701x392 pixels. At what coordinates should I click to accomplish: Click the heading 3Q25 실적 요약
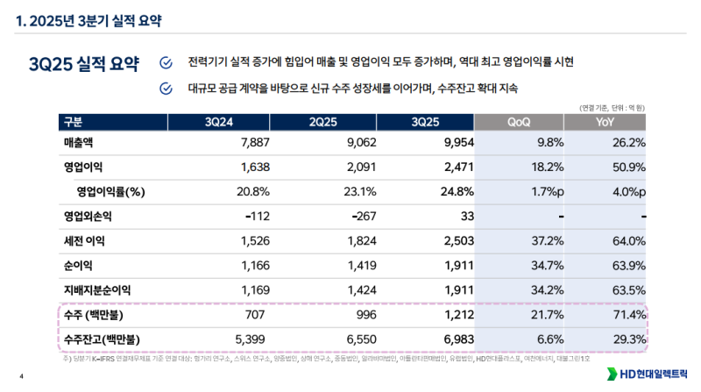coord(83,64)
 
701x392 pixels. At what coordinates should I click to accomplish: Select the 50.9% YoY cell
coord(627,167)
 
